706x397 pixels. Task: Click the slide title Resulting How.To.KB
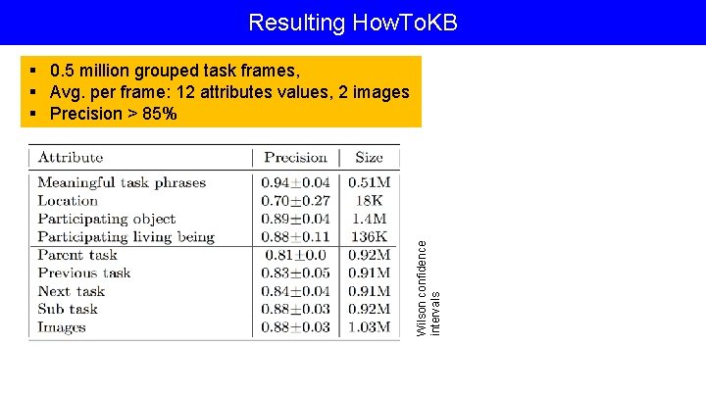click(353, 22)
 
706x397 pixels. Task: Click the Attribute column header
click(71, 157)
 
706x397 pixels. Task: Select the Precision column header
click(295, 157)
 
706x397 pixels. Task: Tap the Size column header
click(370, 157)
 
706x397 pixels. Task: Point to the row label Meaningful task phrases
click(122, 182)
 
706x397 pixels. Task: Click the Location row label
click(68, 200)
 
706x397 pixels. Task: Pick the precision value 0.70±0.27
click(295, 200)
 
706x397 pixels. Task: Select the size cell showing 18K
click(371, 200)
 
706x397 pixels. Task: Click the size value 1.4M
click(370, 219)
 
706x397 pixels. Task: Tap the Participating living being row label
click(126, 236)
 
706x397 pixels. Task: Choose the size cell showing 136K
click(370, 236)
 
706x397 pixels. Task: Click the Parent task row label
click(77, 255)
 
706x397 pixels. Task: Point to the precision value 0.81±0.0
click(295, 255)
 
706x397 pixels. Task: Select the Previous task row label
click(84, 273)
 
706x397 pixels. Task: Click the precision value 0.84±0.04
click(295, 291)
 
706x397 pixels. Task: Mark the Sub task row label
click(68, 309)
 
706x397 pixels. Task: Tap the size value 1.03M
click(370, 327)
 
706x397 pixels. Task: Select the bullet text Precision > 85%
click(113, 114)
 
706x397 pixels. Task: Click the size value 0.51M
click(370, 182)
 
